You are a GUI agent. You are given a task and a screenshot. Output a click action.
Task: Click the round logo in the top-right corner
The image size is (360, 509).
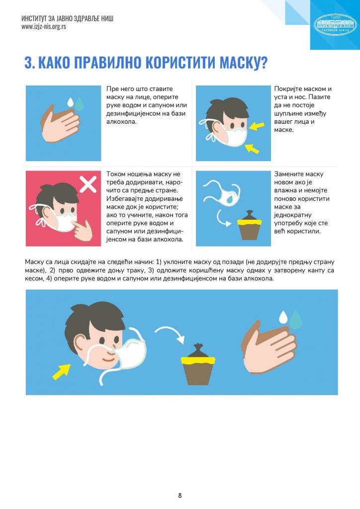pos(335,24)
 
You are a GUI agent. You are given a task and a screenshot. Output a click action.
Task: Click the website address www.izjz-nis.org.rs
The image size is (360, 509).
pos(44,27)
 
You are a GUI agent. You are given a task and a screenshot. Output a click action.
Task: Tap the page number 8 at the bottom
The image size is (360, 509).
pos(180,496)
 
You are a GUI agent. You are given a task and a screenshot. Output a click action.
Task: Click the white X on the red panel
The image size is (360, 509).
pos(88,184)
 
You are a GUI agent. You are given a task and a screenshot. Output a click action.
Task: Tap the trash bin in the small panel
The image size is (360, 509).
pos(249,225)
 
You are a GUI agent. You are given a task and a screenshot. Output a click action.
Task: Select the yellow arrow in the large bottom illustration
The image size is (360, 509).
pos(62,371)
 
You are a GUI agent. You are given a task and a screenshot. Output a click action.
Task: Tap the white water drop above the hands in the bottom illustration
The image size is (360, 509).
pos(283,317)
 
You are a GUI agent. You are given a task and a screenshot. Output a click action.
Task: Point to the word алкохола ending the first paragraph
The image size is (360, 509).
pos(121,122)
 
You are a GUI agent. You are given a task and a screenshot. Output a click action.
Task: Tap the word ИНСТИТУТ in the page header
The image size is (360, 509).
pos(34,18)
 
